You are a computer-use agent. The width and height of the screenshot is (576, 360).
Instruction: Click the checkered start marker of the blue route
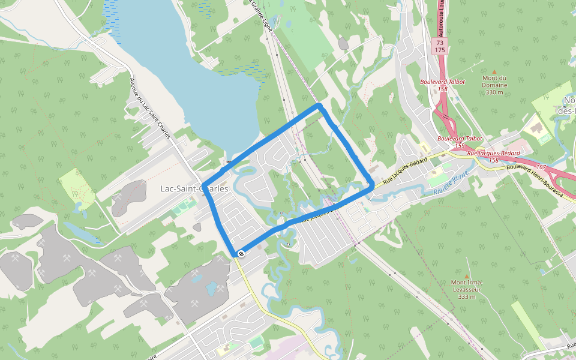[241, 254]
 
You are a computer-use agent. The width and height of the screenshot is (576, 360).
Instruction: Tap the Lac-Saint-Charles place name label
[194, 188]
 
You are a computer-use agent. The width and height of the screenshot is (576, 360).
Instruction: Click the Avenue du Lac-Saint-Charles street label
[151, 108]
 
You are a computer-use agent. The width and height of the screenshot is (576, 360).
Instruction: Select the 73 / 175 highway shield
[440, 46]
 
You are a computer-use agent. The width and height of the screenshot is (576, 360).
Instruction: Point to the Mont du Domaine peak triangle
[494, 71]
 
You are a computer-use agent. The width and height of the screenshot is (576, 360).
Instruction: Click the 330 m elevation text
[494, 92]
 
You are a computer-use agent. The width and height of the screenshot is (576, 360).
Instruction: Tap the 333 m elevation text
[467, 296]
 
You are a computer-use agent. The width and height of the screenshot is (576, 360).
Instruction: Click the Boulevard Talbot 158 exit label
[442, 85]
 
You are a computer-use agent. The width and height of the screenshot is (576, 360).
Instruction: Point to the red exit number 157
[541, 166]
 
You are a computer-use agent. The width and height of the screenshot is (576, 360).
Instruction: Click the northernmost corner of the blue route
[320, 106]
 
